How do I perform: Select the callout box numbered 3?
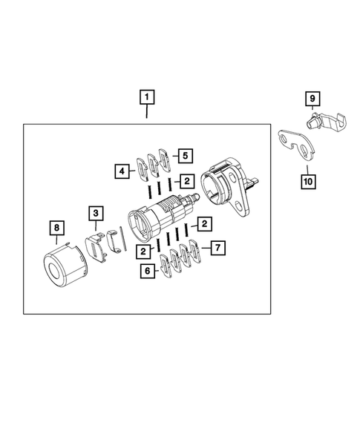coord(96,214)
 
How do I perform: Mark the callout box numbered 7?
coord(217,247)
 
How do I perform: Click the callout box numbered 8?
coord(56,227)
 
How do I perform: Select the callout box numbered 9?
coord(312,98)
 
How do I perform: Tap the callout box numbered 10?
coord(304,179)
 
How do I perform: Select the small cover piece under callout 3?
coord(96,244)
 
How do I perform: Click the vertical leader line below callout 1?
coord(147,114)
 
